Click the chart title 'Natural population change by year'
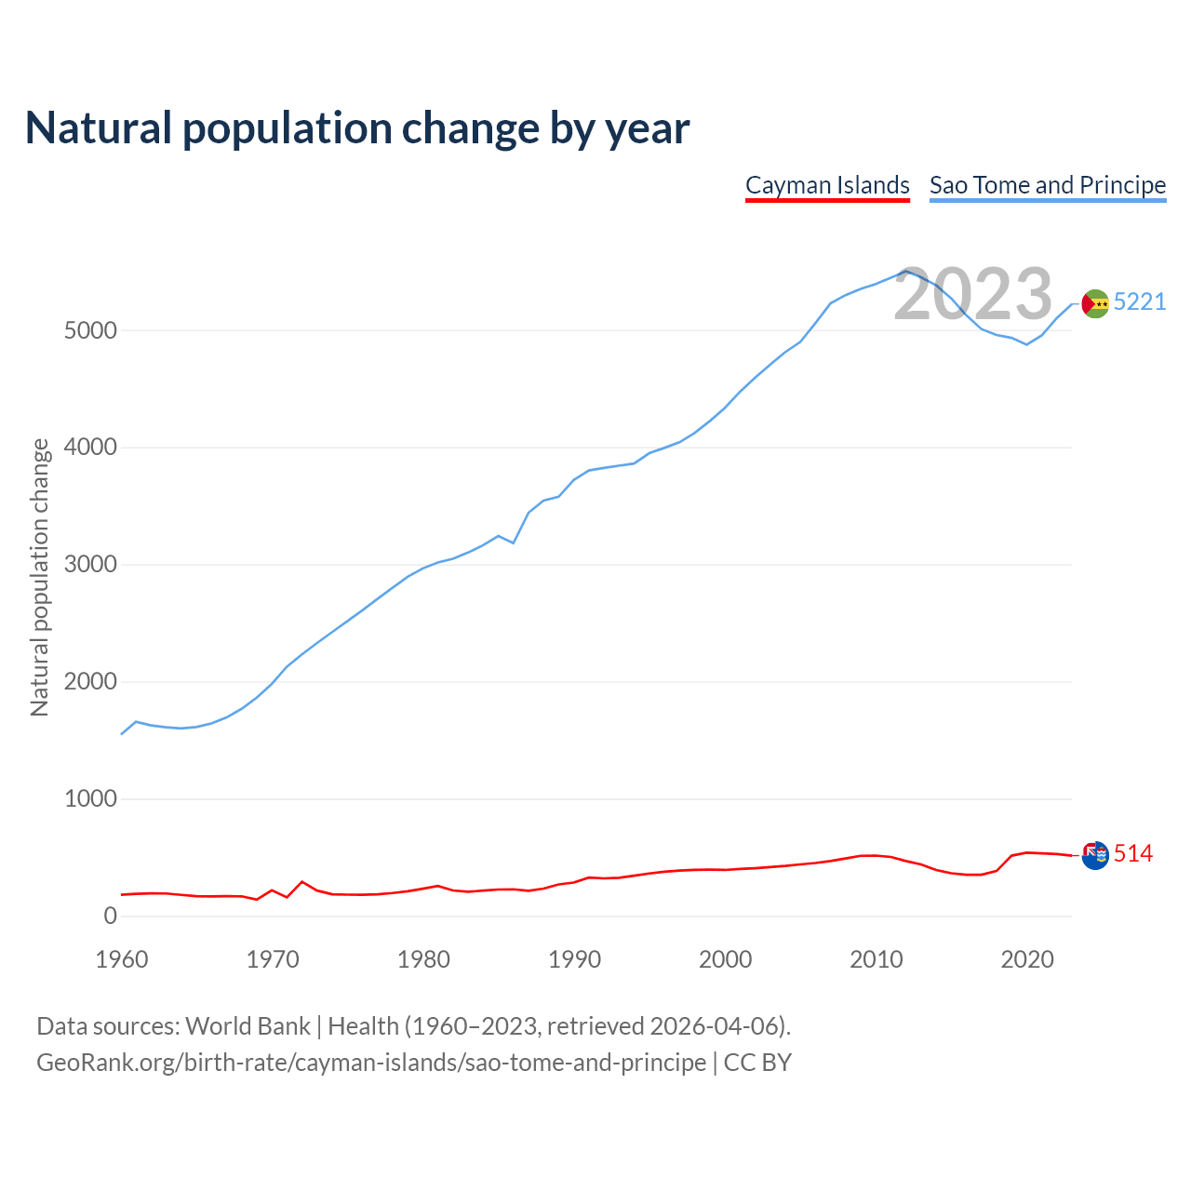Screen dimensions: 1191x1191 coord(357,128)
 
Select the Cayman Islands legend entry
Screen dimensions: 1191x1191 coord(827,185)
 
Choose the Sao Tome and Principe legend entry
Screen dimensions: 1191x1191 coord(1048,185)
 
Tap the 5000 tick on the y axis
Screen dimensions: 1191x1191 coord(90,331)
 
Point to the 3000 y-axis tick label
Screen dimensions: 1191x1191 coord(90,565)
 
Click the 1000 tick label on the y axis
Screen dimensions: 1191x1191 coord(90,799)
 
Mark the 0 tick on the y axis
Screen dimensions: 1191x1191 coord(111,917)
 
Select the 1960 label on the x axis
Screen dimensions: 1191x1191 coord(122,959)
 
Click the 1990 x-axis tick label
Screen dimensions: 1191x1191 coord(574,959)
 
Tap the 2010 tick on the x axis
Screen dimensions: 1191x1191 coord(876,959)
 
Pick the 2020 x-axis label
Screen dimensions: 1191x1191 coord(1026,959)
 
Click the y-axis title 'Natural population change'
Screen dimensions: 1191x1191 coord(40,578)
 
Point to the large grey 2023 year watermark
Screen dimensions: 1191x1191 coord(972,294)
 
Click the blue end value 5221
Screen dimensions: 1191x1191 coord(1140,302)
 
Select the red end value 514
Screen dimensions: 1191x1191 coord(1133,853)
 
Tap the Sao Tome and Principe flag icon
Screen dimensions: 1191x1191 coord(1095,303)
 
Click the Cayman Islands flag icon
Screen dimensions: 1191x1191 coord(1095,854)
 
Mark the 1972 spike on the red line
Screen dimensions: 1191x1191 coord(302,881)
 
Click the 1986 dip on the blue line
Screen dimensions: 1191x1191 coord(514,542)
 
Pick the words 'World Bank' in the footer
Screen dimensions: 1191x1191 coord(248,1026)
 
